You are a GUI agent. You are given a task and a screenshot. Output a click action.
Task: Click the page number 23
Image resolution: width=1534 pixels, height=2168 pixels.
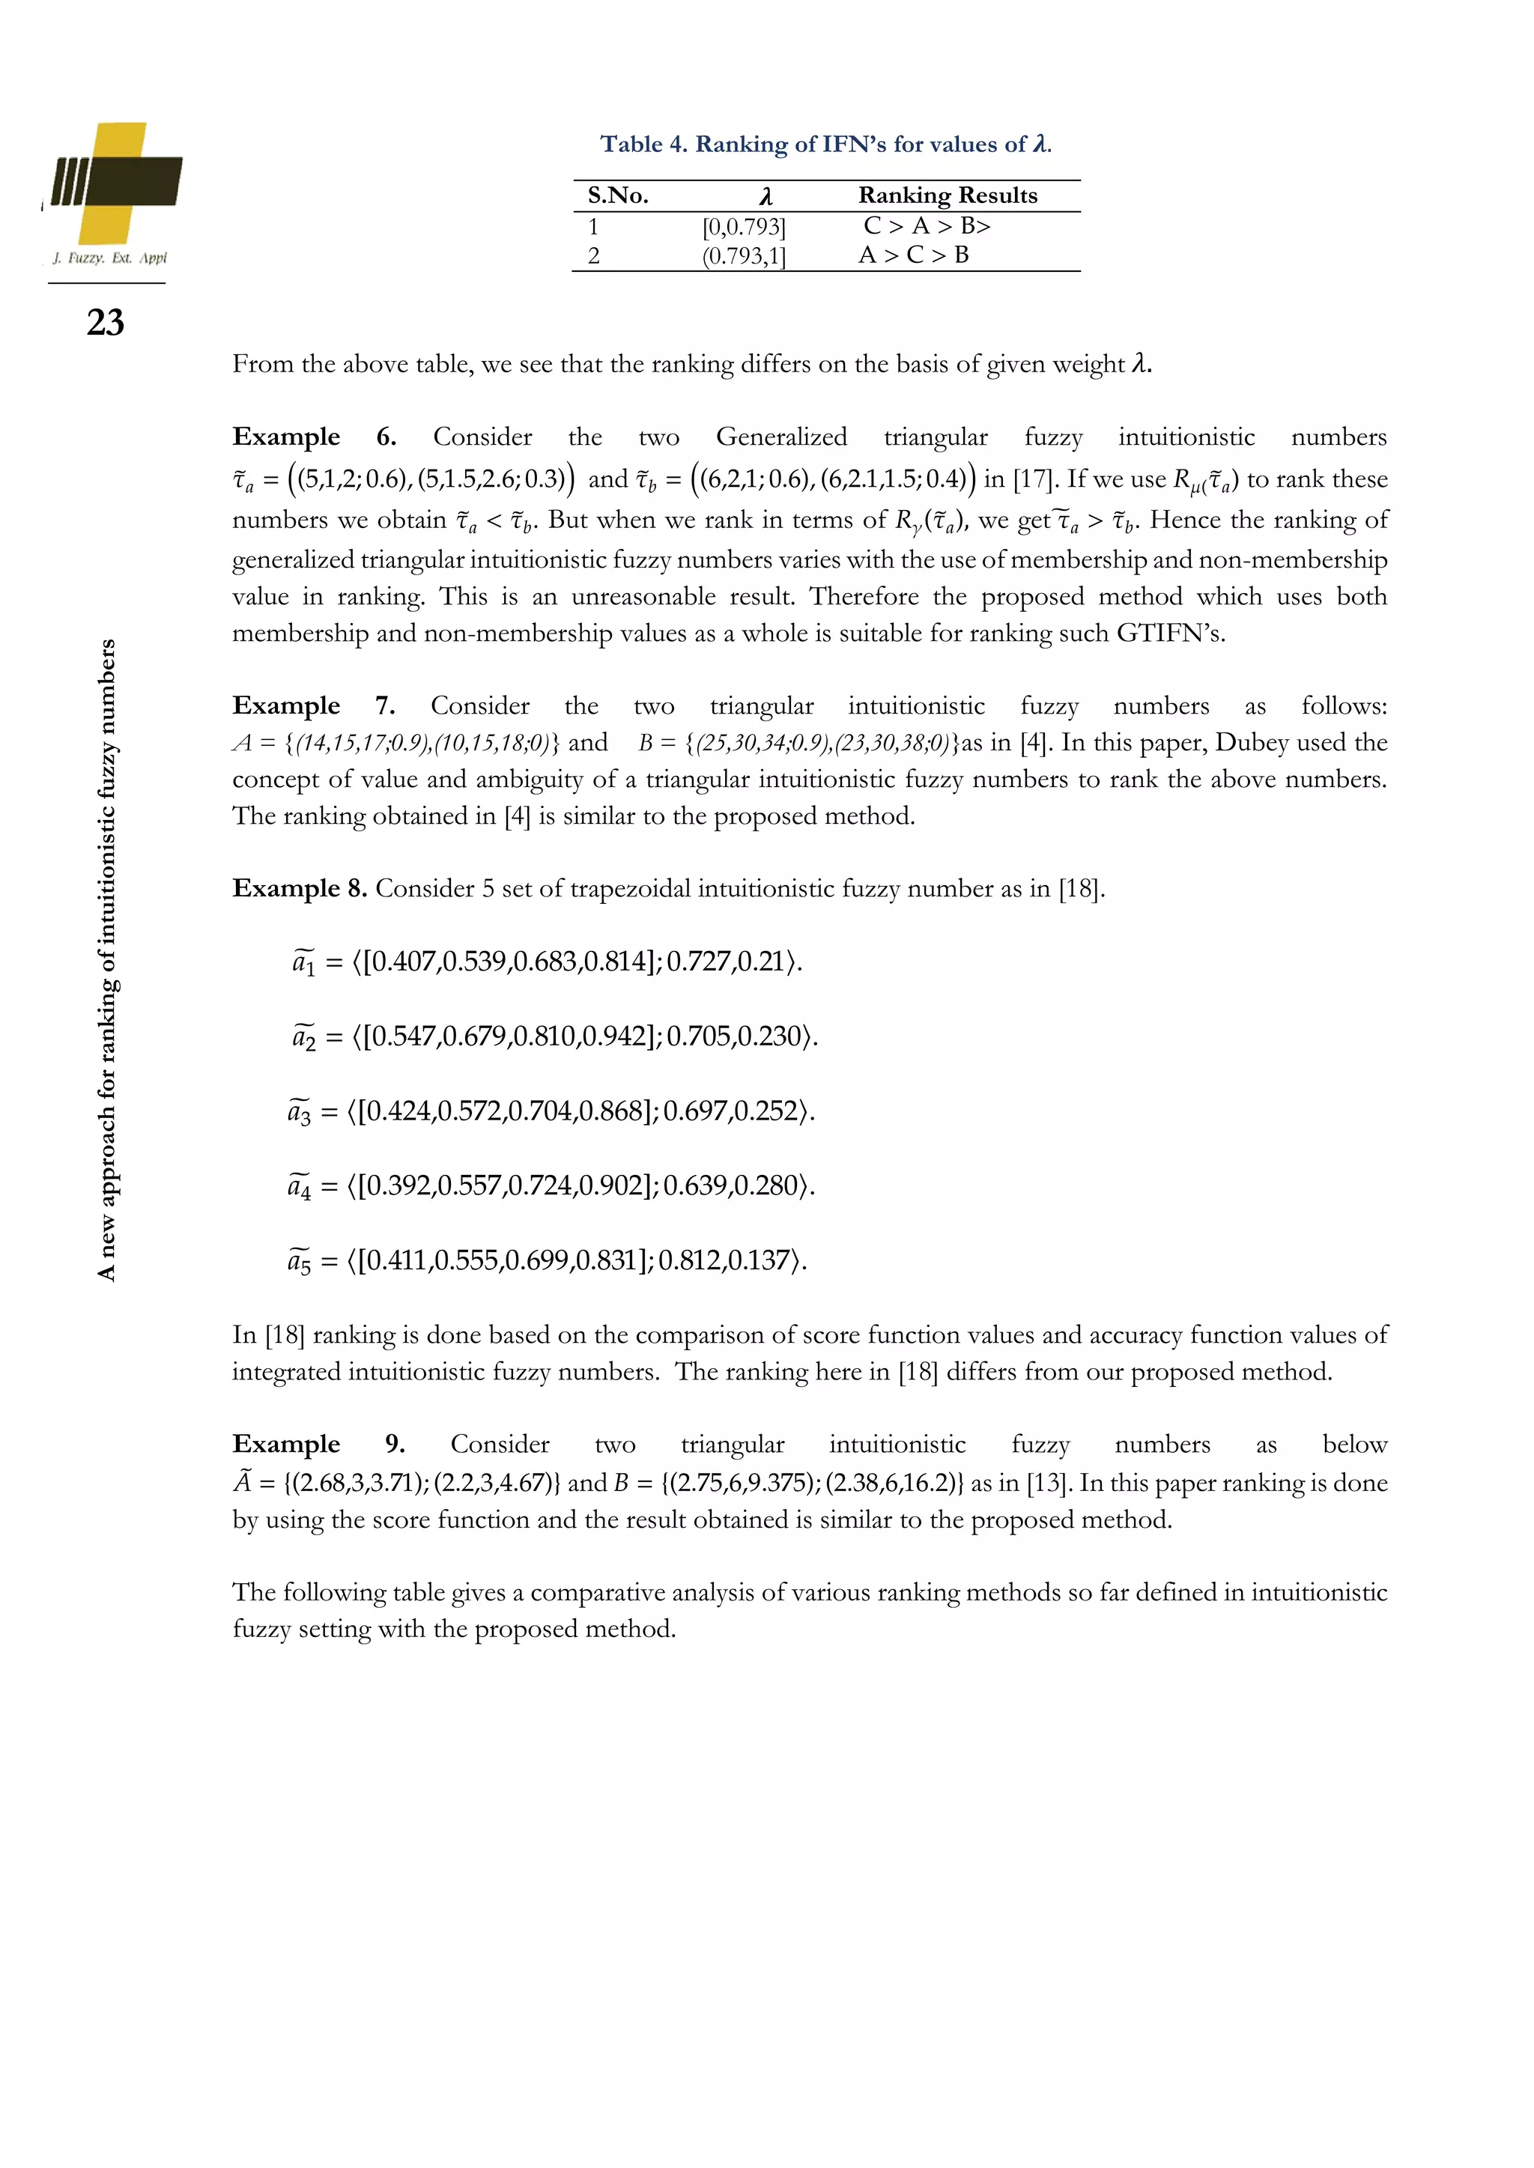[105, 323]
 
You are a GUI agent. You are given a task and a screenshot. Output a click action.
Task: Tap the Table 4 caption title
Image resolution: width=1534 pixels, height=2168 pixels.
[825, 145]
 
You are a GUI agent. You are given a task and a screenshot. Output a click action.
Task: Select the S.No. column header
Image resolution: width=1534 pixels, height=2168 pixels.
[618, 195]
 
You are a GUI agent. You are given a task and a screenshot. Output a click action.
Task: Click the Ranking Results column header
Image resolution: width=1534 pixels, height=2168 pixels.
[948, 195]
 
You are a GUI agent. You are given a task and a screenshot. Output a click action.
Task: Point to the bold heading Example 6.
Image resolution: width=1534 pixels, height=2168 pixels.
[314, 437]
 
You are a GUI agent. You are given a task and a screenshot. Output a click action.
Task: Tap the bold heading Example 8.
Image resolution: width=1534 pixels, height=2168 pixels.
[300, 888]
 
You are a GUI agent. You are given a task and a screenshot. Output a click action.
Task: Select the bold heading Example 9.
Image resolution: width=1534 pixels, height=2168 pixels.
[318, 1444]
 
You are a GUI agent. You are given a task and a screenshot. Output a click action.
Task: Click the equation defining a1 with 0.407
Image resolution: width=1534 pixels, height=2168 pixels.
[547, 962]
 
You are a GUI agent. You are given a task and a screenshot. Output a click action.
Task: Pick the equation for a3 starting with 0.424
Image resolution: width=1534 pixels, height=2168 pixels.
[551, 1111]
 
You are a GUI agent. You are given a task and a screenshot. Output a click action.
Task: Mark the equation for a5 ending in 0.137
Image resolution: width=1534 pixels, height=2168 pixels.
[547, 1260]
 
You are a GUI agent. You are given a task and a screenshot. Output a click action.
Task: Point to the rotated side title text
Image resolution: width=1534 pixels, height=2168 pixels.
[107, 959]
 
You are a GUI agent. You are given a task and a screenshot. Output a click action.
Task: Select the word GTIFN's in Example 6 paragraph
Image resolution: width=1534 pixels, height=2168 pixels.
[1170, 633]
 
